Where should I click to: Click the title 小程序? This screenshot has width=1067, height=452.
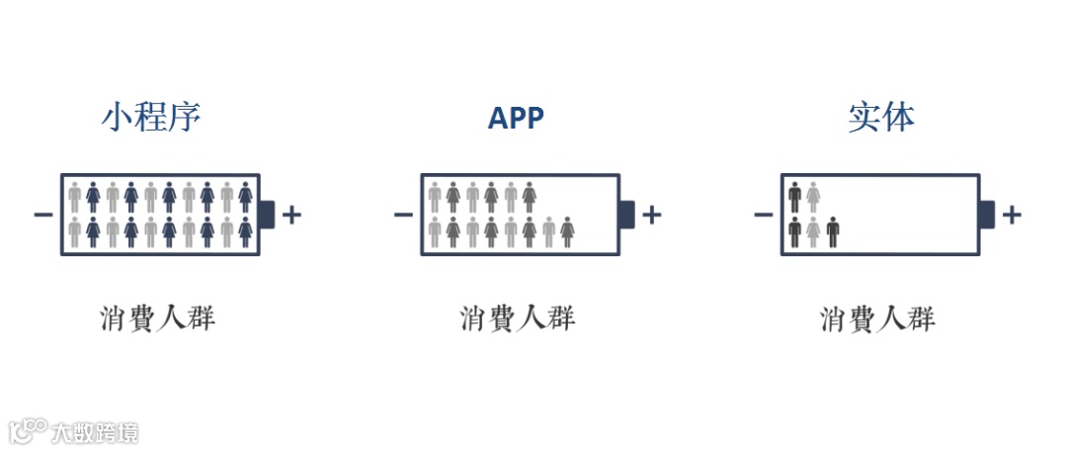(151, 118)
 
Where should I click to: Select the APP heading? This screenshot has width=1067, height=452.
(516, 119)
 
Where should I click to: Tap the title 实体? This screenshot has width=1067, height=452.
(881, 118)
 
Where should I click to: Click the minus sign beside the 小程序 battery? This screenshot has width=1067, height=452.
(42, 215)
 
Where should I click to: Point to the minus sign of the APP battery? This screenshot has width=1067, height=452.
(402, 215)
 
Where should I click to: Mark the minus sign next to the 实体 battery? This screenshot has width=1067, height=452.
(763, 215)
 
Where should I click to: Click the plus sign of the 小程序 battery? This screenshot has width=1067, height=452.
(291, 215)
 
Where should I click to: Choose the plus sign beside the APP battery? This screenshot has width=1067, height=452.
(652, 215)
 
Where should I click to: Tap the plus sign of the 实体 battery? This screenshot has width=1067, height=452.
(1012, 215)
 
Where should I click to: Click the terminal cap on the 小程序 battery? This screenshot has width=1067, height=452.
(267, 215)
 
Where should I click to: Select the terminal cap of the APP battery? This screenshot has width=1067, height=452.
(626, 215)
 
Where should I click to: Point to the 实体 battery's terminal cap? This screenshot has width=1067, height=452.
(986, 215)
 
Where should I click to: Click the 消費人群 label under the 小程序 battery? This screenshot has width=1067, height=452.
(157, 318)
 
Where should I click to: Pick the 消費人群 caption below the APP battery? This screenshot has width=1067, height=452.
(517, 318)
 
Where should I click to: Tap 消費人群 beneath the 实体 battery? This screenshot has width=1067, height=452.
(877, 318)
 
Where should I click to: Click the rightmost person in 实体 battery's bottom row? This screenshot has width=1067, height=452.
(833, 231)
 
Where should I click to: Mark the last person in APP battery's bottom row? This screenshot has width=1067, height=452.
(567, 231)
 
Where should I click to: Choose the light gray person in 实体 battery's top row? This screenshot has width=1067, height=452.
(813, 197)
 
